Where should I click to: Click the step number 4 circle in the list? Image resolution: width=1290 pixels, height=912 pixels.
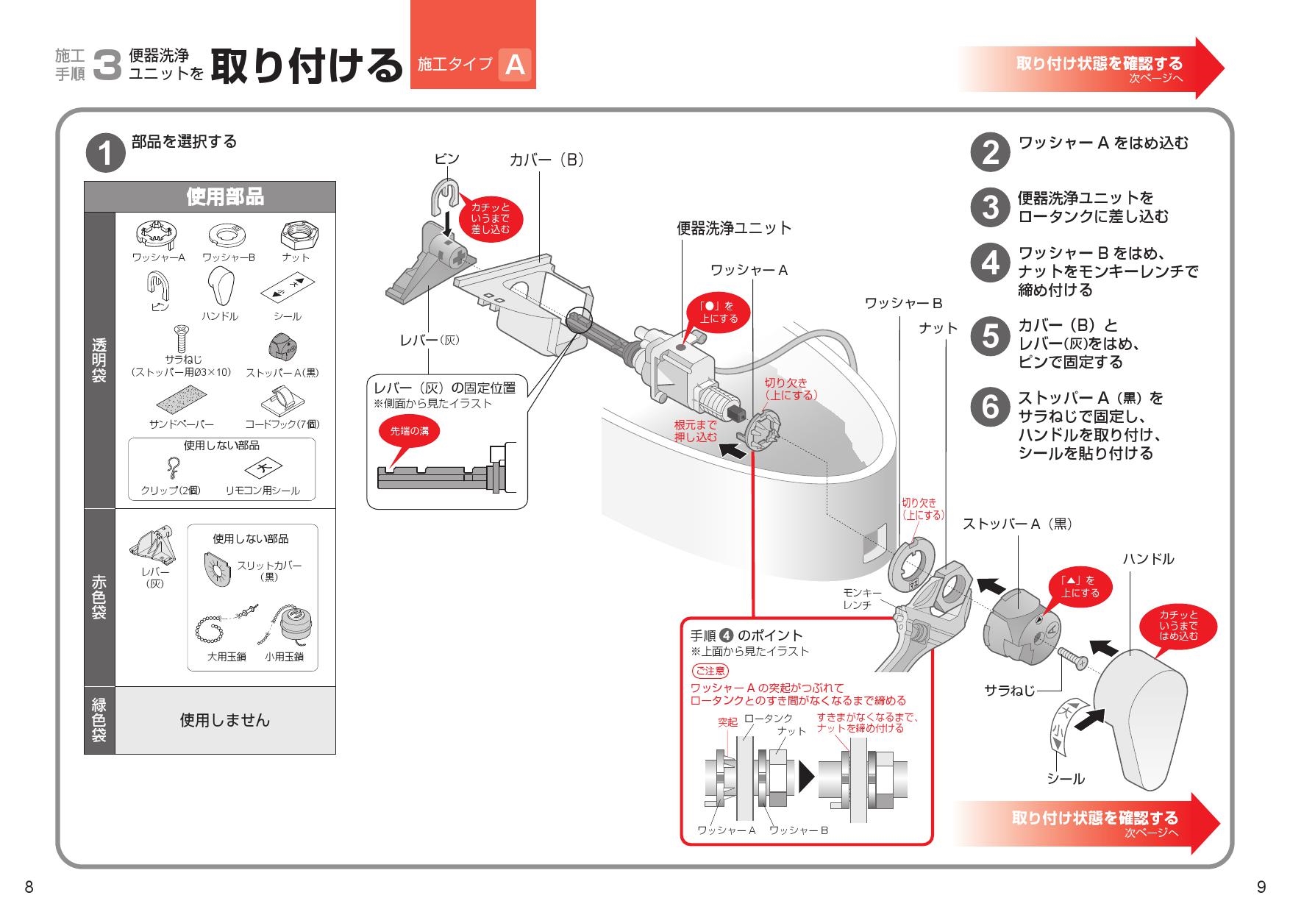tap(991, 263)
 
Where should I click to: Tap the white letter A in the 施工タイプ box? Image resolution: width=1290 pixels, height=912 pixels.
tap(515, 65)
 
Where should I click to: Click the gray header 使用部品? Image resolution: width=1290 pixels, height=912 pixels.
tap(224, 197)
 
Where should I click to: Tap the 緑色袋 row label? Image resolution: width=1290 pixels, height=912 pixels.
tap(99, 720)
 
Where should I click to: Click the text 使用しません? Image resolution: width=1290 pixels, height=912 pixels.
tap(225, 720)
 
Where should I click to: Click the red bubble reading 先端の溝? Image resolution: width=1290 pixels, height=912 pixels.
tap(409, 431)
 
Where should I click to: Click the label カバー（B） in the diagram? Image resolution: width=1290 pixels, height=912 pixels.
tap(547, 160)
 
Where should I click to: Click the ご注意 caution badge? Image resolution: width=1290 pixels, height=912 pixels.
tap(710, 671)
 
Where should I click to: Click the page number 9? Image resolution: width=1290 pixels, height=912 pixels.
tap(1261, 887)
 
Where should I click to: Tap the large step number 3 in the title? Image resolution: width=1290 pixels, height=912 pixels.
tap(107, 65)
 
